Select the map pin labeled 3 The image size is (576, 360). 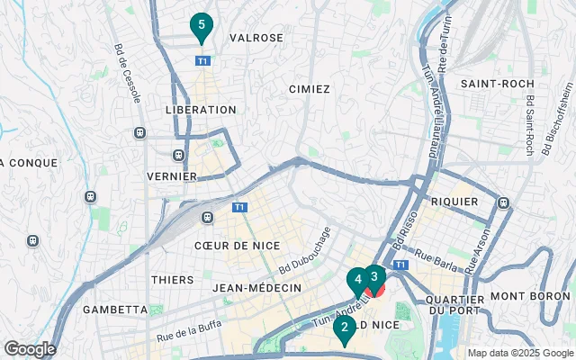(374, 278)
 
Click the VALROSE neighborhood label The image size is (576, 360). (256, 38)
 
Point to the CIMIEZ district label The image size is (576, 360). (310, 89)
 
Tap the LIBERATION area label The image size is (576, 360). (201, 109)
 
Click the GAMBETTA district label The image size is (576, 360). (114, 309)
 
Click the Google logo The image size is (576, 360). (30, 349)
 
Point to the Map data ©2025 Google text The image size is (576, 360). (519, 353)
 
